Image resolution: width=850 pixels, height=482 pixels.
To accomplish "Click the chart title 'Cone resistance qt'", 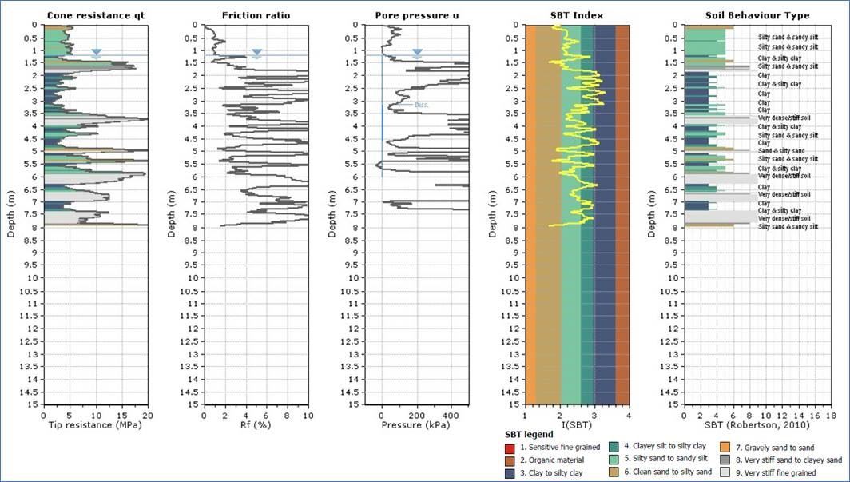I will click(x=95, y=15).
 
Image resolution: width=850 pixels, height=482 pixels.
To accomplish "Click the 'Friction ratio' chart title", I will click(x=256, y=15).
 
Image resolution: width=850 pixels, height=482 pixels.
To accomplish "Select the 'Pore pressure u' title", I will click(x=416, y=15).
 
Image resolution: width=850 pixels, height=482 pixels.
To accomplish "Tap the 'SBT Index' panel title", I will click(x=577, y=15).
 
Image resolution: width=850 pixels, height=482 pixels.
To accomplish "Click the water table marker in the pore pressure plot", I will click(x=417, y=53).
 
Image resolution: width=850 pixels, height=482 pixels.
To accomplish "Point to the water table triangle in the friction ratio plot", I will click(x=256, y=53).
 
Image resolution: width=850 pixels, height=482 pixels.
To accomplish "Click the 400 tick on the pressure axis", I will click(x=451, y=415).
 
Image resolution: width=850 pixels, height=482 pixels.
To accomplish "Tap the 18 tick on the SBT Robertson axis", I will click(x=832, y=415).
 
